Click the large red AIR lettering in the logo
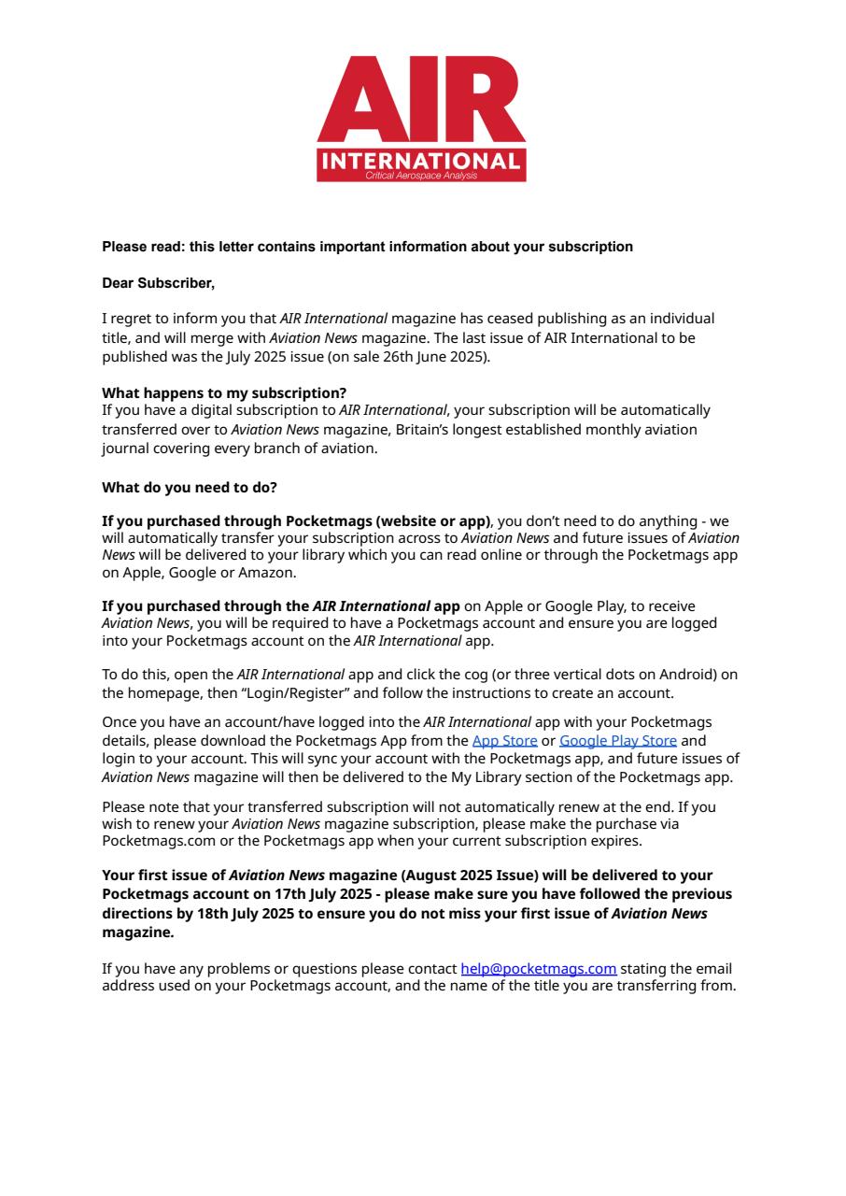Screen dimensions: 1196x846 pyautogui.click(x=421, y=98)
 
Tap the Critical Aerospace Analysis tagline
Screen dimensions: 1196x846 pyautogui.click(x=421, y=176)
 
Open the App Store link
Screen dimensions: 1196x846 pyautogui.click(x=504, y=741)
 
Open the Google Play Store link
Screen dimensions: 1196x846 pyautogui.click(x=617, y=741)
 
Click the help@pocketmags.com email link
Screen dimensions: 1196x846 pyautogui.click(x=538, y=969)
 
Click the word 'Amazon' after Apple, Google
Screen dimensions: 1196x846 pyautogui.click(x=267, y=573)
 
